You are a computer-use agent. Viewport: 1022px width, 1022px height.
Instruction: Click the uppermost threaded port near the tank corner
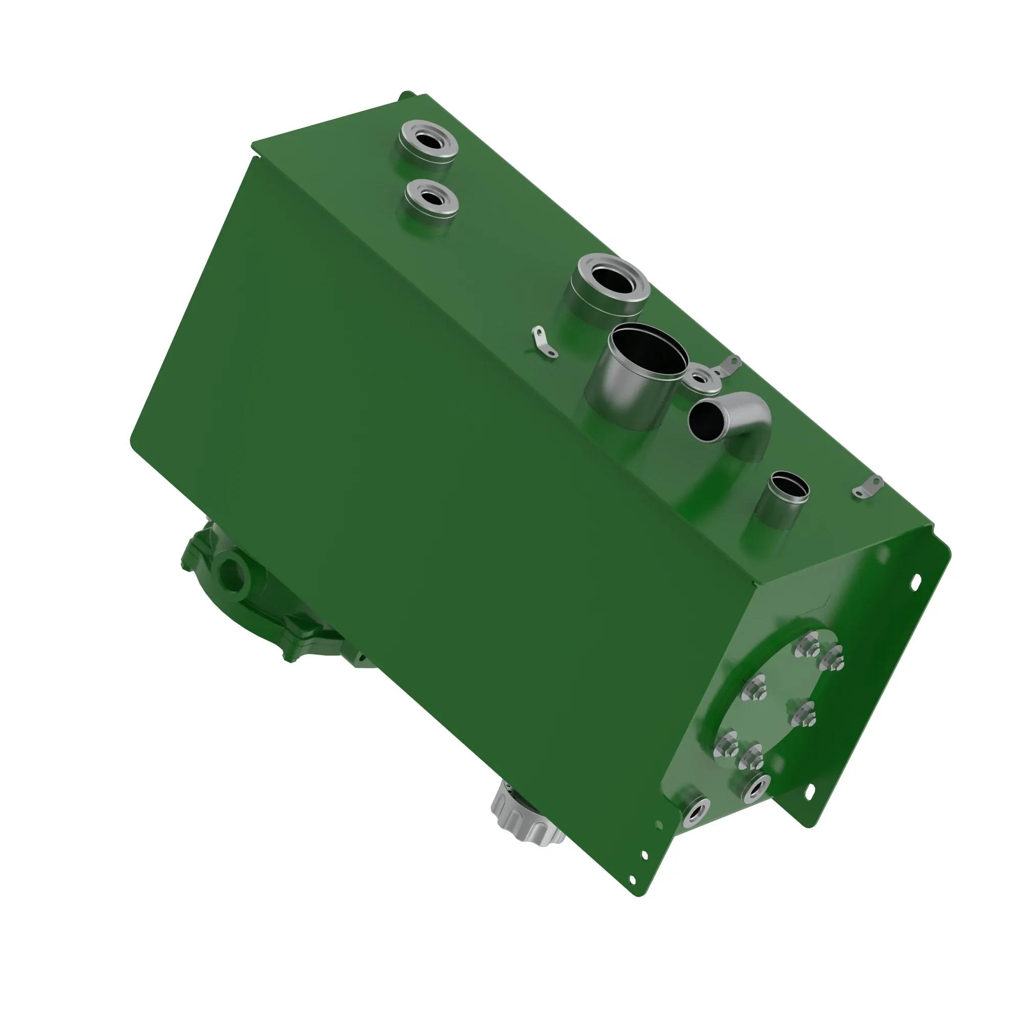point(427,142)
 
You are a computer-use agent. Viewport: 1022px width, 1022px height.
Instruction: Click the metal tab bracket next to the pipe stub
point(868,485)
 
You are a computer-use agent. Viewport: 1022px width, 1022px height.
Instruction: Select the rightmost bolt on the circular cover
point(832,659)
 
